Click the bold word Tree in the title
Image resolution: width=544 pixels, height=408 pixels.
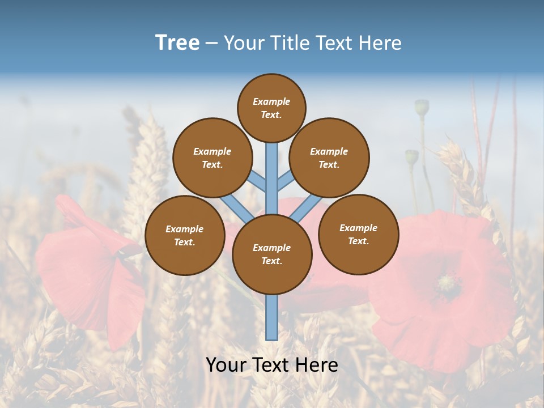point(177,42)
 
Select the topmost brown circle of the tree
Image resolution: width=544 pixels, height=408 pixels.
point(271,108)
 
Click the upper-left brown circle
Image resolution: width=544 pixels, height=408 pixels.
point(212,158)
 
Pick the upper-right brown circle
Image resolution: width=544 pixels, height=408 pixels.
point(329,158)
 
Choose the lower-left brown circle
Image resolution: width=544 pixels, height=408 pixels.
point(185,235)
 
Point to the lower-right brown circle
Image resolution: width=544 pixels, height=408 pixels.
point(358,234)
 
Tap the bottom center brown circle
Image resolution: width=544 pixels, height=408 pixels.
point(272,254)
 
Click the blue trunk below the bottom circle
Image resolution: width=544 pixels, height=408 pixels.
point(272,317)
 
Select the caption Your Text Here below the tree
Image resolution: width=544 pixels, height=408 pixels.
point(272,365)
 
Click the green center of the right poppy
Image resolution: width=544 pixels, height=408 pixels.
point(448,282)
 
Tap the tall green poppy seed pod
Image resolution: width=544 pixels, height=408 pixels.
point(422,107)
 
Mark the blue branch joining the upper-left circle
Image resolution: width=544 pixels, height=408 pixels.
point(258,182)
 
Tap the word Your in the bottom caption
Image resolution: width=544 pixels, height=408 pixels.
point(226,365)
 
